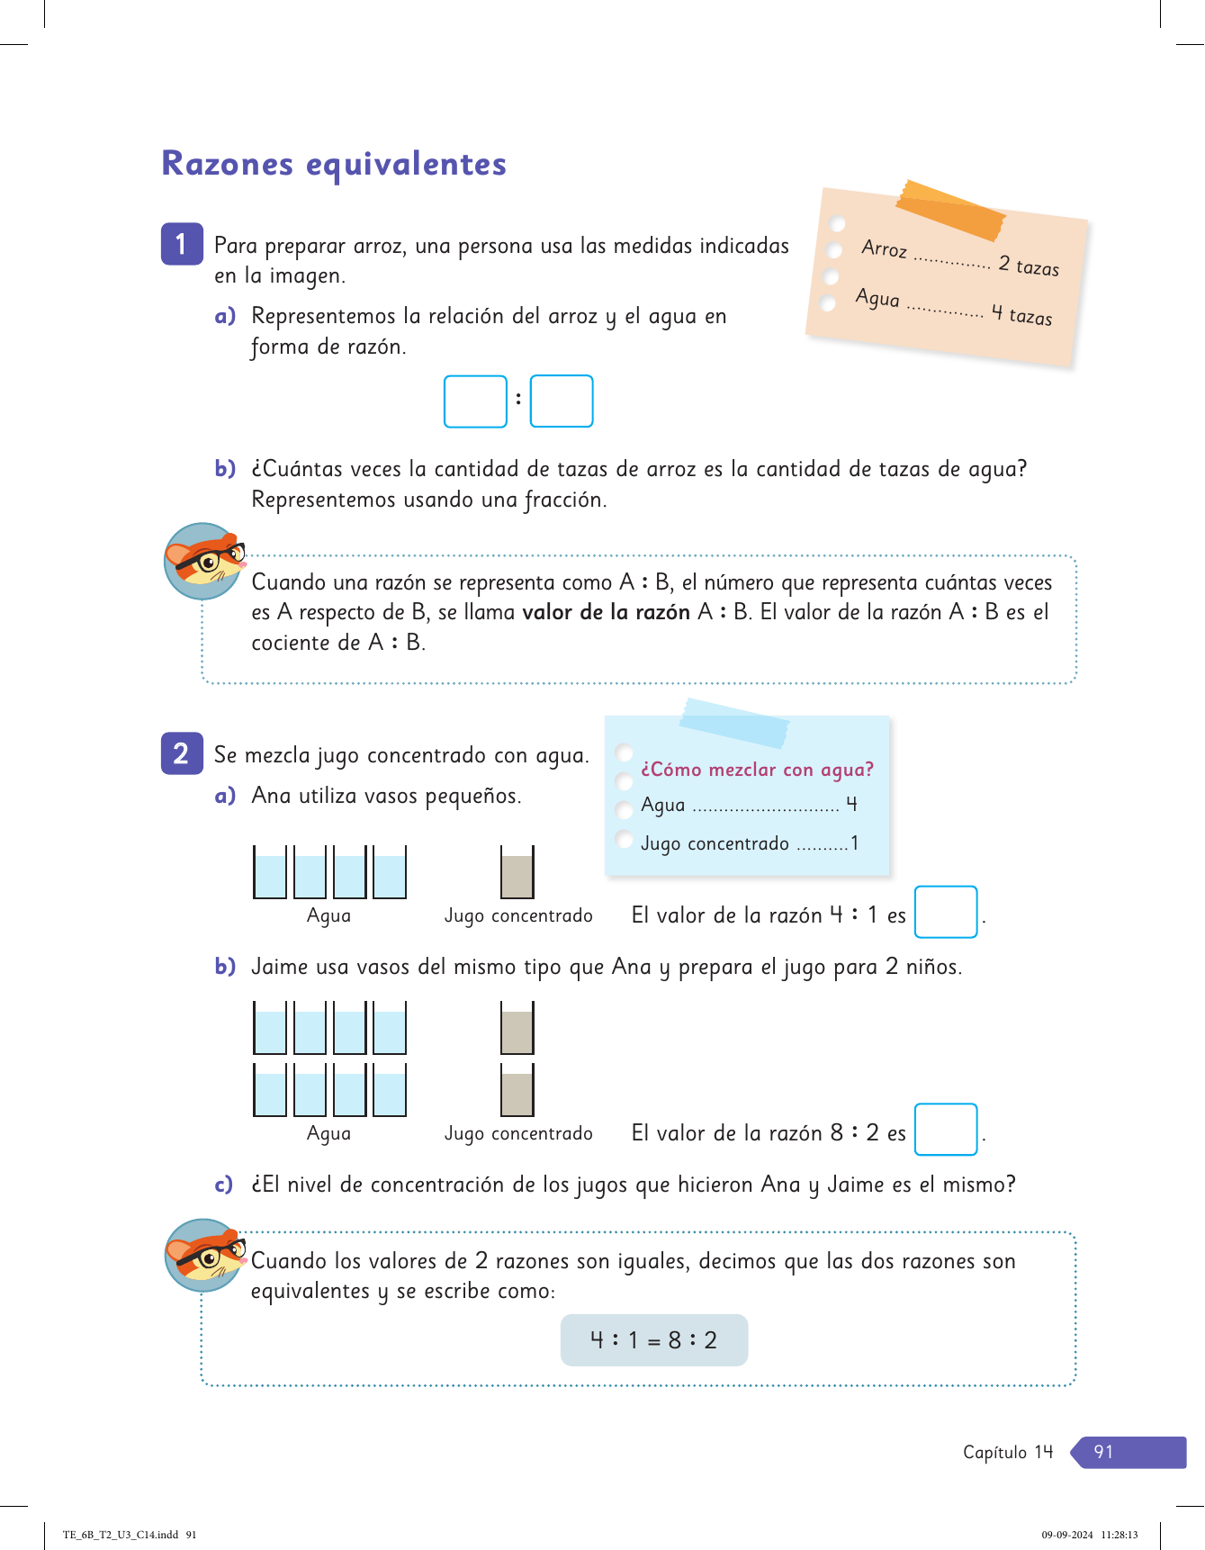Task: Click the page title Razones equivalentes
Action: tap(334, 165)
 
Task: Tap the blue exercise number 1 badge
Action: tap(182, 244)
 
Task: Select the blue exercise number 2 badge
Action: tap(182, 753)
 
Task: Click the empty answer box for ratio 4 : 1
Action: tap(945, 912)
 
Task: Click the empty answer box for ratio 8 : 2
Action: tap(945, 1129)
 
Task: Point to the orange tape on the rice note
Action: tap(952, 209)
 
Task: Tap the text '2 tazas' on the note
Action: tap(1029, 266)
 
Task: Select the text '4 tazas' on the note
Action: tap(1021, 314)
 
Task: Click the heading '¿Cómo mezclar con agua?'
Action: tap(757, 770)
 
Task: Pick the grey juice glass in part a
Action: tap(517, 872)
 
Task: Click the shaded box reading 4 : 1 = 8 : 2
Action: tap(654, 1340)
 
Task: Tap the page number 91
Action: tap(1103, 1452)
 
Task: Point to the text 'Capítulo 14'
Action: tap(1007, 1452)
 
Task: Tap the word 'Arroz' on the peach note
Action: tap(884, 248)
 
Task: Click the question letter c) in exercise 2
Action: tap(224, 1185)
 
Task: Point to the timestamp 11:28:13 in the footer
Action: tap(1119, 1535)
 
